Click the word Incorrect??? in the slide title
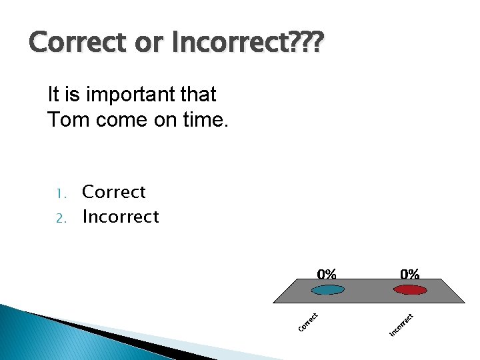click(248, 43)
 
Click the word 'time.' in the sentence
click(205, 120)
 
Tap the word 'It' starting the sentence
click(54, 95)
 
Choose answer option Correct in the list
click(113, 192)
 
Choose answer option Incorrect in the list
click(120, 217)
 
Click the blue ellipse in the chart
click(328, 290)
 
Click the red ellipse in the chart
click(409, 290)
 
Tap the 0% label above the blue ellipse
click(327, 274)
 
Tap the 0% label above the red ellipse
click(409, 274)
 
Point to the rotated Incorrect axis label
click(401, 324)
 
